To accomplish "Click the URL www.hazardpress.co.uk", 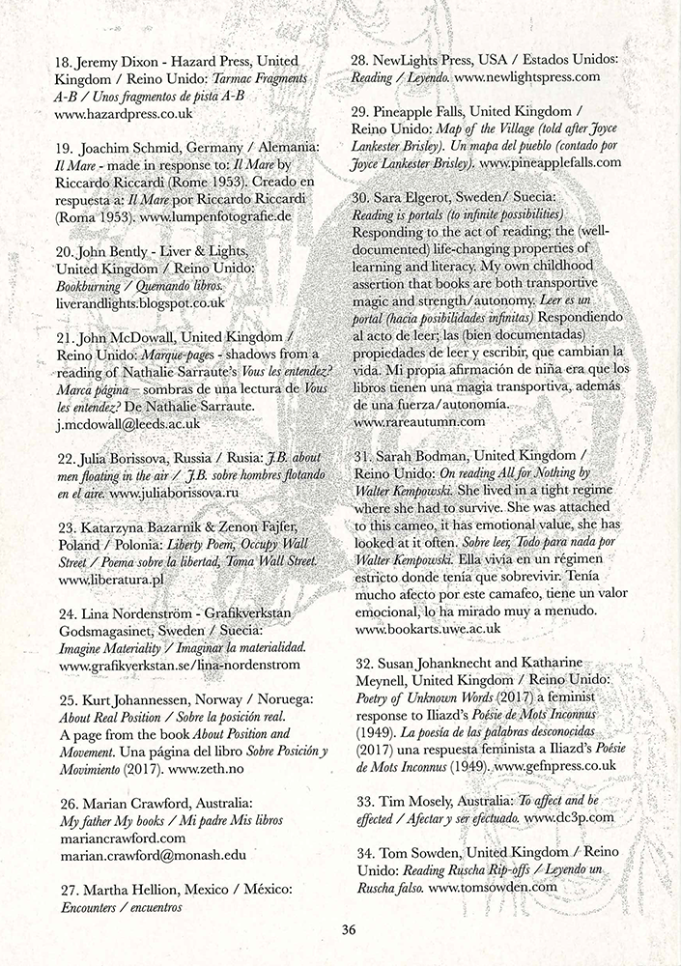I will click(x=124, y=113).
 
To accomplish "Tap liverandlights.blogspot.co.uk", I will click(x=141, y=301).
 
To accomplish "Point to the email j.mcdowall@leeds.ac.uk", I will click(x=129, y=422).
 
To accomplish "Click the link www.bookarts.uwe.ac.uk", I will click(x=428, y=628).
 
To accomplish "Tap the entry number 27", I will click(x=67, y=888).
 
